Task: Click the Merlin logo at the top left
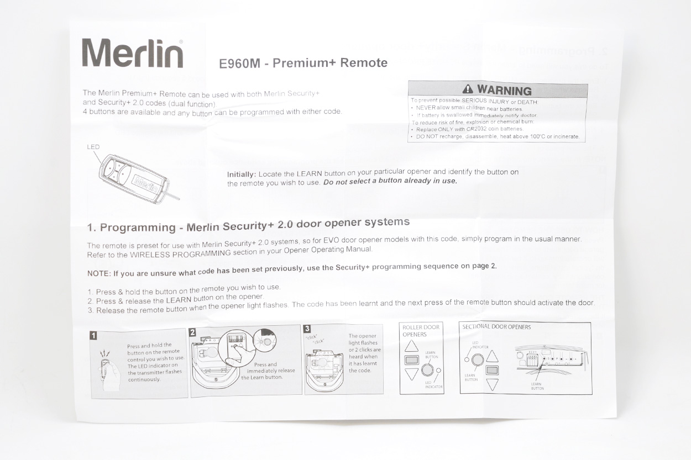[x=133, y=54]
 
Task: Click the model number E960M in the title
[x=239, y=64]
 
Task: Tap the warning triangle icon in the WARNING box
[x=468, y=89]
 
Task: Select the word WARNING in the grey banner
[x=504, y=90]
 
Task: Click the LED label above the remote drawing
[x=93, y=147]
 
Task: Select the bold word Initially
[x=242, y=175]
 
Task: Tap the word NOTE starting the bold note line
[x=98, y=274]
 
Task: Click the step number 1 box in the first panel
[x=94, y=335]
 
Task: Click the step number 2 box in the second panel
[x=192, y=332]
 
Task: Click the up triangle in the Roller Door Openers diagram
[x=411, y=346]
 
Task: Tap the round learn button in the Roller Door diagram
[x=427, y=370]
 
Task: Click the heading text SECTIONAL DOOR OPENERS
[x=496, y=327]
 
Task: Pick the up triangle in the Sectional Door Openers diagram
[x=492, y=356]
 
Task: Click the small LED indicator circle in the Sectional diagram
[x=467, y=359]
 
